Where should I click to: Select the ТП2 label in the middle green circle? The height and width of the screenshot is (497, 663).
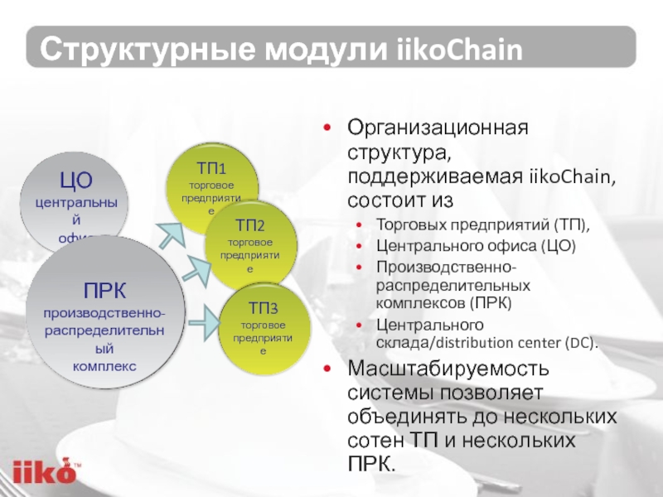[x=249, y=225]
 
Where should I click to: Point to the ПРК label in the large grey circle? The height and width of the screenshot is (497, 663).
[x=104, y=291]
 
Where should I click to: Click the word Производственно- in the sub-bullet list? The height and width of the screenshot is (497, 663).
[x=446, y=267]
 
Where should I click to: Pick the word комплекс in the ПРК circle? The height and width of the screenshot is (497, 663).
[x=104, y=365]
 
